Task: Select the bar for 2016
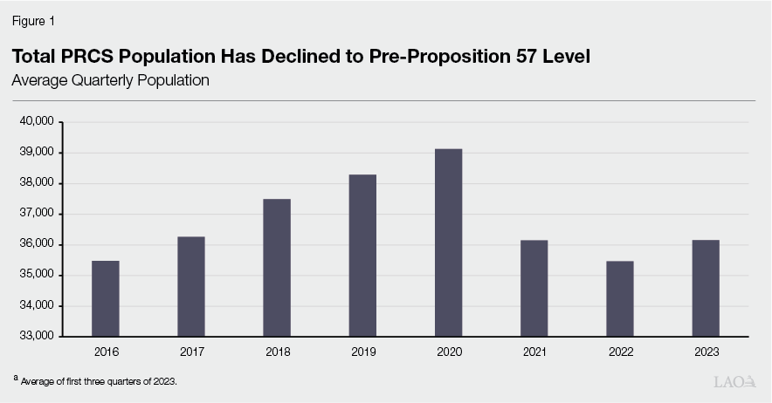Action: tap(106, 298)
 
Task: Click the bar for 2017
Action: tap(191, 286)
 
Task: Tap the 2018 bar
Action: tap(277, 268)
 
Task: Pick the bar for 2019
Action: tap(362, 256)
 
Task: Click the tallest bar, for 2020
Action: tap(448, 242)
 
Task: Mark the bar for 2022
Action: tap(619, 298)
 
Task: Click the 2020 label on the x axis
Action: tap(448, 352)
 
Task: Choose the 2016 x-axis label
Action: tap(106, 352)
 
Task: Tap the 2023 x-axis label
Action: tap(706, 352)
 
